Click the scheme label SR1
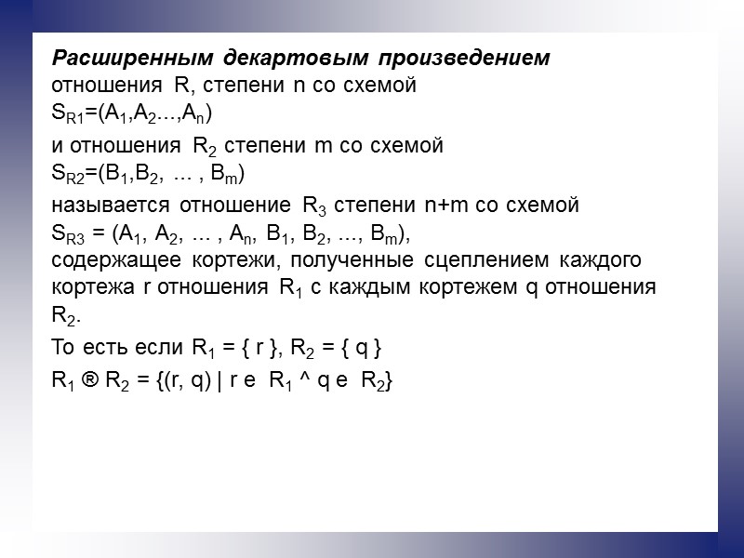pyautogui.click(x=69, y=115)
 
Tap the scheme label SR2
pyautogui.click(x=69, y=175)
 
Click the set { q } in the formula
pyautogui.click(x=357, y=349)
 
